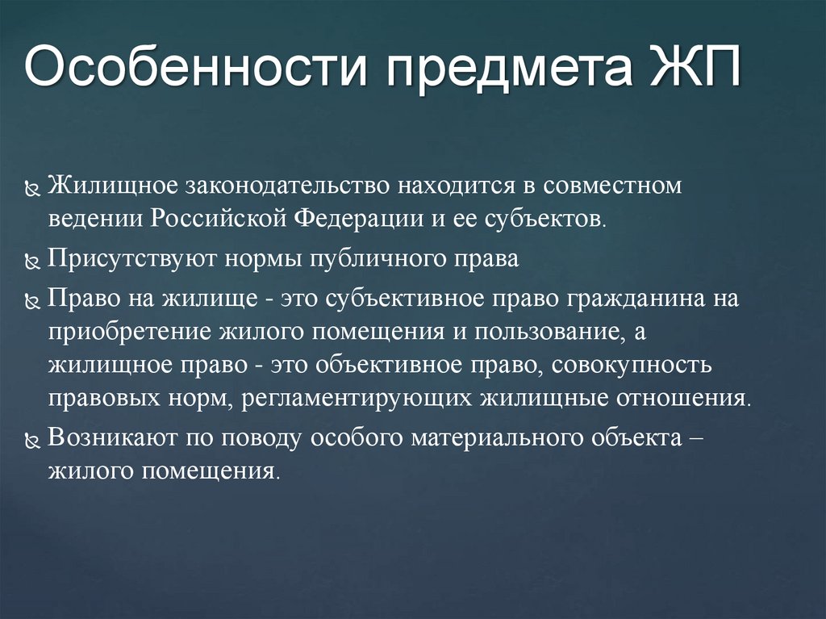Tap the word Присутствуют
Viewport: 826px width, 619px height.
pos(125,259)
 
